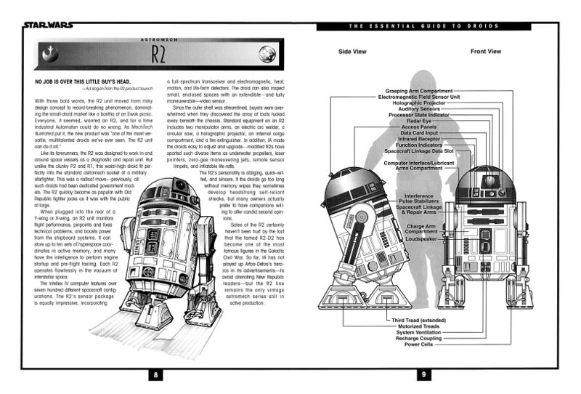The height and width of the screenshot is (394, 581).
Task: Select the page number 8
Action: click(155, 375)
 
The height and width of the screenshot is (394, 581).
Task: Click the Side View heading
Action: click(354, 52)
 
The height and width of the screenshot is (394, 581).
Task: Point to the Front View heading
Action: click(485, 52)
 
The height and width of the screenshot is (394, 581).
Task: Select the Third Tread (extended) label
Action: click(414, 320)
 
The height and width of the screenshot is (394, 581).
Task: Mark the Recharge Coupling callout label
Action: click(416, 339)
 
